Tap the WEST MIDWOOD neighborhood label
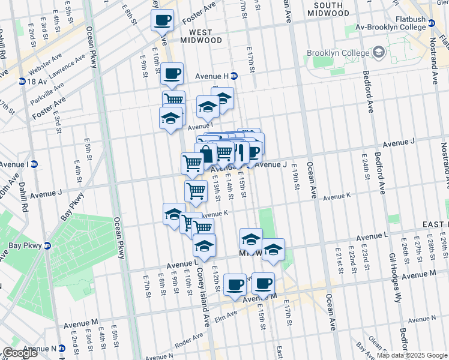pos(197,36)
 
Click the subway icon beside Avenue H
pos(234,76)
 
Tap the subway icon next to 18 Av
pos(22,81)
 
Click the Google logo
pos(20,353)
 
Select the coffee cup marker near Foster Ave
pos(162,20)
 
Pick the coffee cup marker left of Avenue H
pos(172,74)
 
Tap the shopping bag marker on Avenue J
pos(206,154)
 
